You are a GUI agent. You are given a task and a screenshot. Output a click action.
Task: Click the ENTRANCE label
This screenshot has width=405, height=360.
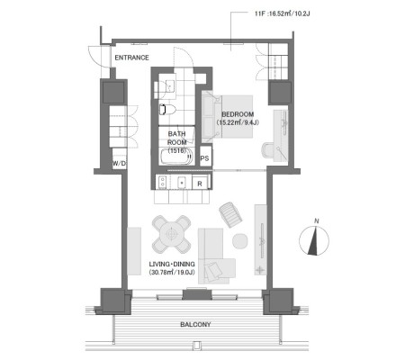(x=131, y=58)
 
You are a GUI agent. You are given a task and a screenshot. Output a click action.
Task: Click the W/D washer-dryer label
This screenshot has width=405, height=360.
(x=119, y=164)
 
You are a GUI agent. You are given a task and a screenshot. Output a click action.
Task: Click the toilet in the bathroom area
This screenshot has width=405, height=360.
(x=166, y=110)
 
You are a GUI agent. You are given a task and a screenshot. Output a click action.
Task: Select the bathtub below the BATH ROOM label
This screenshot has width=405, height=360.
(x=176, y=157)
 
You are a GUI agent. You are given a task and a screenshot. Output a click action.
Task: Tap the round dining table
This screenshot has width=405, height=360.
(x=171, y=234)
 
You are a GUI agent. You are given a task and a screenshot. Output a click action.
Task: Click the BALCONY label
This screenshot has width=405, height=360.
(x=195, y=324)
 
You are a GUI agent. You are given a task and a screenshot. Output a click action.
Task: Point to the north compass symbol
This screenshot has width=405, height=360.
(x=314, y=240)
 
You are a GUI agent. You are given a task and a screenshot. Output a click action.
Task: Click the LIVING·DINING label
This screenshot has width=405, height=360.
(x=172, y=264)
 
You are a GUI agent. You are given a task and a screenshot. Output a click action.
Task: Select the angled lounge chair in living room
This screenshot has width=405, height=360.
(x=230, y=214)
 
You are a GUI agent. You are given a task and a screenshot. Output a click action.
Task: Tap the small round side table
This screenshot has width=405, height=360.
(x=240, y=241)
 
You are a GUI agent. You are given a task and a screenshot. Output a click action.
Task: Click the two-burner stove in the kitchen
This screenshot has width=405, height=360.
(x=162, y=182)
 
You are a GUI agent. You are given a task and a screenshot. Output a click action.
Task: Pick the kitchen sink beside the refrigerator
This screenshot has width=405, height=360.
(x=182, y=183)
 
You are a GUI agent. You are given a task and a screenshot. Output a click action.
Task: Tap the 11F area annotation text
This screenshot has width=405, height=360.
(x=282, y=13)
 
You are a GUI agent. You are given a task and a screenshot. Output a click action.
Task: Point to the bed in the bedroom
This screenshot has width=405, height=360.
(x=227, y=117)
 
